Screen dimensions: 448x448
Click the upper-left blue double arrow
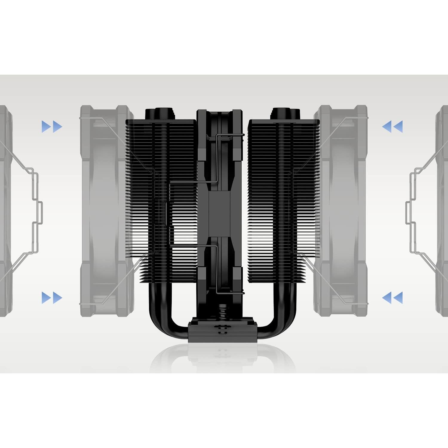point(52,127)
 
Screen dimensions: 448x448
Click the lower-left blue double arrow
point(52,298)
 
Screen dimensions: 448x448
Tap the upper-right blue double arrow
point(392,127)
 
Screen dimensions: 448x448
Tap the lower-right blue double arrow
point(392,298)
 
